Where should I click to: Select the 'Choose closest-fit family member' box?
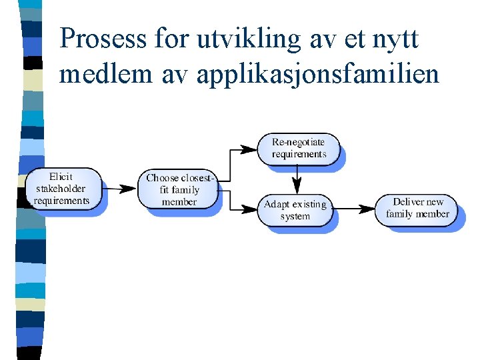click(179, 189)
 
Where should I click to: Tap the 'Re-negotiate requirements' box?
click(299, 148)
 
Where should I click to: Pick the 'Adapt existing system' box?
click(295, 209)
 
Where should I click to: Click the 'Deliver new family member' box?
click(417, 208)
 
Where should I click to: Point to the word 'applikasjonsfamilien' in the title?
click(318, 75)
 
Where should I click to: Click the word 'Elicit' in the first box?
click(61, 177)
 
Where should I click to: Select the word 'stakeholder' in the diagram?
click(61, 189)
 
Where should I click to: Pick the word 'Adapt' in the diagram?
click(277, 204)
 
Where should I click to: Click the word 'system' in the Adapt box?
click(295, 216)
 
